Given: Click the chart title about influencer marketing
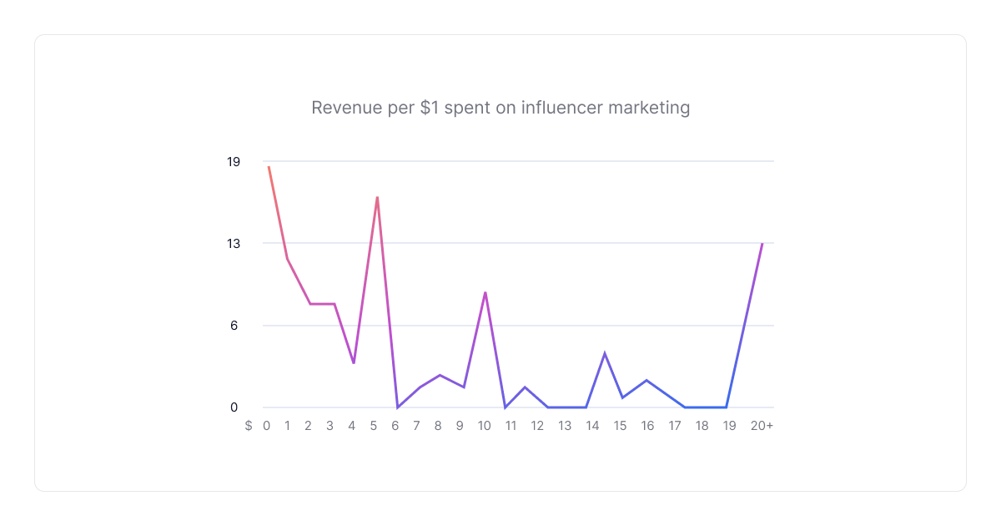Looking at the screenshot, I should coord(500,108).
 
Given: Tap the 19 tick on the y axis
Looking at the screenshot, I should coord(234,161).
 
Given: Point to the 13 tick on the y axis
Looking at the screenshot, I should coord(234,243).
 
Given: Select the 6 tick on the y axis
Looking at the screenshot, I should coord(234,325).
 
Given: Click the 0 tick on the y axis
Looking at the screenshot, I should coord(234,407).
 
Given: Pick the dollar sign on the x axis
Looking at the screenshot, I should coord(249,425).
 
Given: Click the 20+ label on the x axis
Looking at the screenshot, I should coord(762,425).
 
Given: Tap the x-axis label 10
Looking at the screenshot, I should coord(484,425).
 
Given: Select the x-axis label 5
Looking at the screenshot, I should coord(373,425).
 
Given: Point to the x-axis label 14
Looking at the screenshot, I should coord(592,425).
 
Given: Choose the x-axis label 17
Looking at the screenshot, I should coord(675,425).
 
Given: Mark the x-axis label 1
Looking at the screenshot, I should coord(287,425).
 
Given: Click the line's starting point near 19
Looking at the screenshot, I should coord(269,167).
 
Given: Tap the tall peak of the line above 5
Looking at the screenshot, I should coord(377,198).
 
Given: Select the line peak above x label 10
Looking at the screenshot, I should coord(485,292).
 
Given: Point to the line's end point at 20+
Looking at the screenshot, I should coord(762,244).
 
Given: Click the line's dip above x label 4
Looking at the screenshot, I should coord(354,362).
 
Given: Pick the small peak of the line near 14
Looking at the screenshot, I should coord(605,353).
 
